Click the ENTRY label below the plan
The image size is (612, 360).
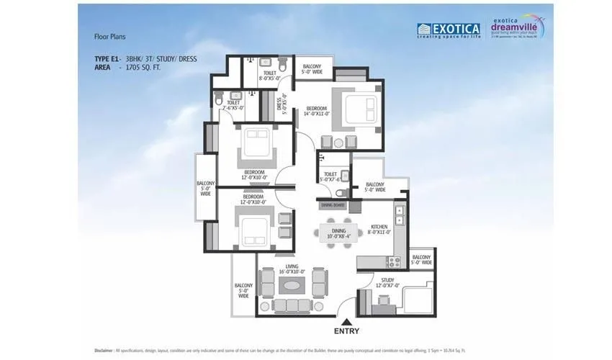point(346,333)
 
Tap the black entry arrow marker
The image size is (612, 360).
point(346,322)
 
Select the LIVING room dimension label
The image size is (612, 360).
point(291,269)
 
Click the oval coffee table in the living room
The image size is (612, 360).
point(292,285)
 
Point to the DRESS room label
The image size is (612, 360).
point(282,105)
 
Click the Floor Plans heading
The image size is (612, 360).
point(110,35)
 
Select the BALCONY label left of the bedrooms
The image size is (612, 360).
point(205,189)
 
